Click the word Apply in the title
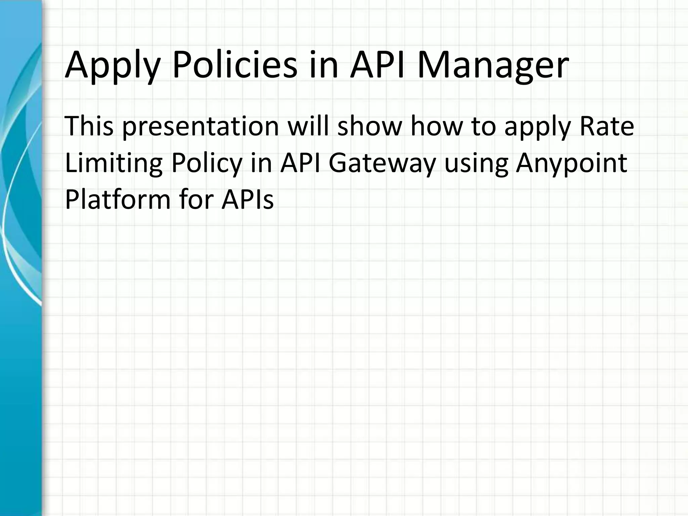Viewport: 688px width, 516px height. pyautogui.click(x=112, y=66)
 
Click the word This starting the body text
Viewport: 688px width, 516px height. pyautogui.click(x=89, y=126)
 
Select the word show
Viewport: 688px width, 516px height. pyautogui.click(x=370, y=126)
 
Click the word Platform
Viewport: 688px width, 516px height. pyautogui.click(x=118, y=200)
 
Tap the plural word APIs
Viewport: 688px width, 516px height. pyautogui.click(x=247, y=200)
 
